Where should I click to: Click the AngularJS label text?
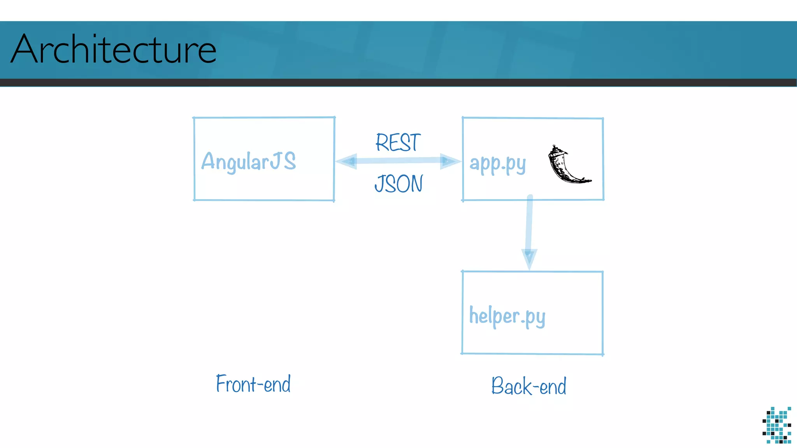[248, 162]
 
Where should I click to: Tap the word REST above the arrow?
[398, 142]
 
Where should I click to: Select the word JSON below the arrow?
[398, 184]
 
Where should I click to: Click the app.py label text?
[498, 164]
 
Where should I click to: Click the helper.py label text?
[507, 316]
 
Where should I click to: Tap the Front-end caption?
[253, 384]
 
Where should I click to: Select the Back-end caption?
[528, 386]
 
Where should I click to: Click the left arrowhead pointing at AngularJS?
[346, 161]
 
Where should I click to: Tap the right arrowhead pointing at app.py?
[449, 161]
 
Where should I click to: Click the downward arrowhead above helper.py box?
[529, 257]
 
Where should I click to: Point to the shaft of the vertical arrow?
[529, 224]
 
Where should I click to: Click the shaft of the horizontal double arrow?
[398, 161]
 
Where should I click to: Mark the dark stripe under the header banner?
[398, 82]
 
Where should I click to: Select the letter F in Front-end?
[221, 384]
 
